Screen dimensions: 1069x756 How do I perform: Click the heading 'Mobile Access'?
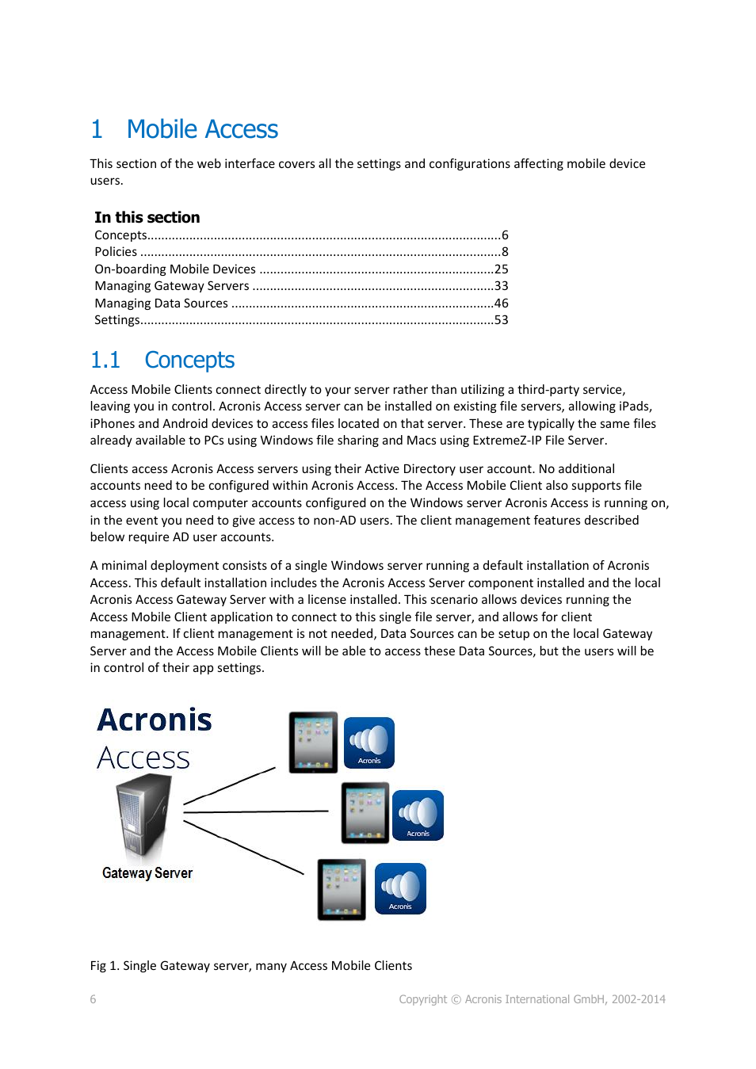(202, 129)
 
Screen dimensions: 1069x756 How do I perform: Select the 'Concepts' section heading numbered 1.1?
(189, 360)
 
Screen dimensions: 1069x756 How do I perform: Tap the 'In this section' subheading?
(147, 217)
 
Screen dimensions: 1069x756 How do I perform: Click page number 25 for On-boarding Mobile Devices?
(501, 269)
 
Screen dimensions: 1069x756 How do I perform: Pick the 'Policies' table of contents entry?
(116, 252)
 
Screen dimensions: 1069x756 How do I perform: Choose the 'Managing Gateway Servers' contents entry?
(172, 286)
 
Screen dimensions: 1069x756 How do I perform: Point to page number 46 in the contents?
(501, 304)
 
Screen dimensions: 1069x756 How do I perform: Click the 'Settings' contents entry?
(117, 320)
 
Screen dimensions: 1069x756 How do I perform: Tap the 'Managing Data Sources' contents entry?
(162, 304)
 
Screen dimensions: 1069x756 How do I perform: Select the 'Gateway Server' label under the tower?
(147, 873)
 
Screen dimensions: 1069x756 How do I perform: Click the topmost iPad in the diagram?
(313, 742)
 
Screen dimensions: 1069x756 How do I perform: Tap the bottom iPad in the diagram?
(342, 889)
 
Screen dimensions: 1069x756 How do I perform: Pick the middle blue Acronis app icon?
(418, 815)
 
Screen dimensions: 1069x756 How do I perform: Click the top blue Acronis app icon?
(369, 743)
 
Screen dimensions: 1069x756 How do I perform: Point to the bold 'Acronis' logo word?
(155, 720)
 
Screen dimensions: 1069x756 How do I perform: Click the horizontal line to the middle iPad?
(255, 811)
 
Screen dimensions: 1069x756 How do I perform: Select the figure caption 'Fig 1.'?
(250, 965)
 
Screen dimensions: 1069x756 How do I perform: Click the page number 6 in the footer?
(94, 999)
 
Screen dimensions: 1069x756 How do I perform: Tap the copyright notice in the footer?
(532, 999)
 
